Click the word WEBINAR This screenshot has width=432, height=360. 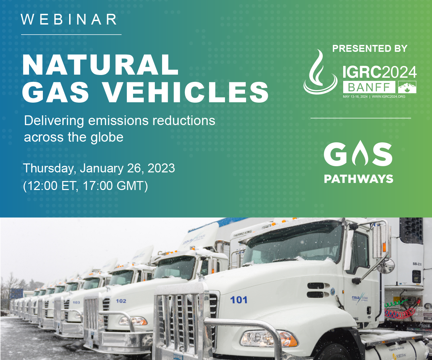click(69, 20)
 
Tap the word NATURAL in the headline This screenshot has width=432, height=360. click(100, 65)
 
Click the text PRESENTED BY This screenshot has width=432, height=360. click(370, 49)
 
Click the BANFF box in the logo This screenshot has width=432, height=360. click(369, 87)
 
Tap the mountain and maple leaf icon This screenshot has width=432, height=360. click(407, 87)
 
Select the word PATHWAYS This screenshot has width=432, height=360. click(358, 179)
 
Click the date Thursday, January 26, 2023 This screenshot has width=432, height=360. click(99, 168)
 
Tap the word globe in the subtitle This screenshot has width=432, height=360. click(107, 137)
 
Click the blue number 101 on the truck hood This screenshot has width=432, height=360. click(239, 300)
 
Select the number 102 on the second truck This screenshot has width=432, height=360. click(121, 301)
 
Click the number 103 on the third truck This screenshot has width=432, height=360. click(76, 302)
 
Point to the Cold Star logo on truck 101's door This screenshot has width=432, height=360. click(360, 298)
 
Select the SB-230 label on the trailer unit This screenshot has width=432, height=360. click(417, 264)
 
